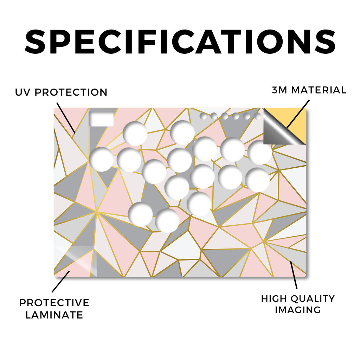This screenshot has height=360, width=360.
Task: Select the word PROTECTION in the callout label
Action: pos(71,92)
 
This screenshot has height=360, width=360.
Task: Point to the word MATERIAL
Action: pos(319,90)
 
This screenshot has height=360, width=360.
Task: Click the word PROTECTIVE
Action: pos(54,303)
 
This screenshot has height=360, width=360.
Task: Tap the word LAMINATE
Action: pos(54,315)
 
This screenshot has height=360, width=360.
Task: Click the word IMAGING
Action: pos(298,310)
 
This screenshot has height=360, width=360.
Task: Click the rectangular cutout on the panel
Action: pos(101,119)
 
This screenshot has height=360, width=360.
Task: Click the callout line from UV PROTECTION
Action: pos(66,117)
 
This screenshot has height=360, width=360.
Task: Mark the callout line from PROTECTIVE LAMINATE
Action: pos(60,282)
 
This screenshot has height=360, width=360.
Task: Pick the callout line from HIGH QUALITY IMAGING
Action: pos(294,275)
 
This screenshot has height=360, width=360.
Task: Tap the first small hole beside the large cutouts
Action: pos(204,116)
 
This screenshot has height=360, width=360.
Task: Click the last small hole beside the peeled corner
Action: pos(258,116)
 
